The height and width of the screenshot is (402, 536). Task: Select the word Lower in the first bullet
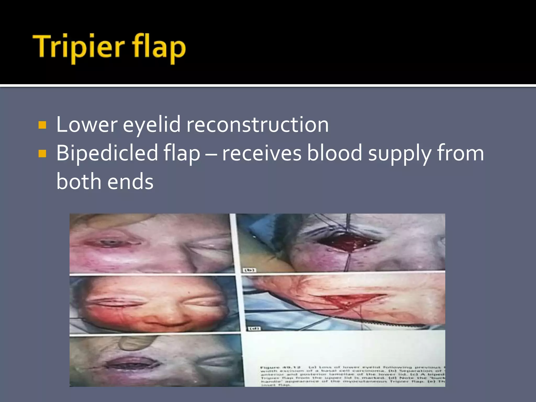87,125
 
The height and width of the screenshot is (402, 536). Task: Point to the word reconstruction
257,125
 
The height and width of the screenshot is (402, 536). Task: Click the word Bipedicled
107,153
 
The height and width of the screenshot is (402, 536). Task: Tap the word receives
261,153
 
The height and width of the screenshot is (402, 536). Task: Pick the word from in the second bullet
460,153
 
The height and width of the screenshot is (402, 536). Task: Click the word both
79,182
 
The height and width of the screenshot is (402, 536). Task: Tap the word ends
130,182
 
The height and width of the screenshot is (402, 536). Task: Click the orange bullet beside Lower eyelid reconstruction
42,125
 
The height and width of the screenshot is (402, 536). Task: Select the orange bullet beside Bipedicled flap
42,153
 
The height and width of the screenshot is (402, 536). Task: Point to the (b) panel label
249,270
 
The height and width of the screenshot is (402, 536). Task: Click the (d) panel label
254,328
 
